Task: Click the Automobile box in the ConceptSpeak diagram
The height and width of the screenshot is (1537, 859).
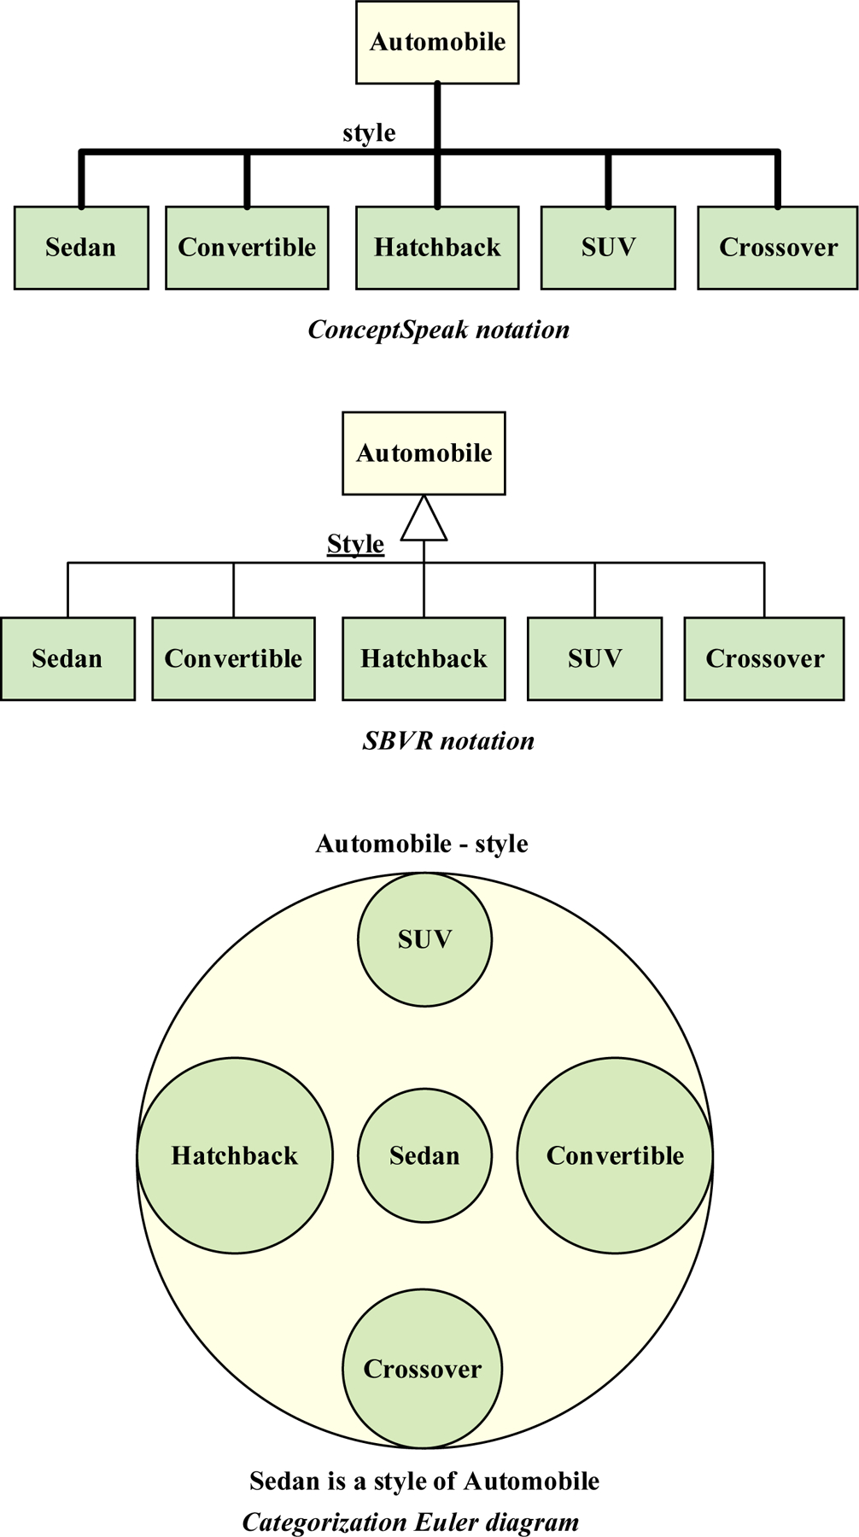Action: tap(437, 42)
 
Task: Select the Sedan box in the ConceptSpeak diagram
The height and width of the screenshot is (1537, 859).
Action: tap(81, 248)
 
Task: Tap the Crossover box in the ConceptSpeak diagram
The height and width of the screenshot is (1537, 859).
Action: tap(778, 248)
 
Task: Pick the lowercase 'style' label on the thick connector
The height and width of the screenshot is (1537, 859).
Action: tap(369, 133)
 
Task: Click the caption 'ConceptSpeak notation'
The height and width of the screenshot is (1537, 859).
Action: tap(438, 330)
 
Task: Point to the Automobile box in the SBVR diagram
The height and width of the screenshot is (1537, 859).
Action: tap(424, 453)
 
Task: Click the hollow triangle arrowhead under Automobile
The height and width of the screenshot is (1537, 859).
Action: tap(424, 520)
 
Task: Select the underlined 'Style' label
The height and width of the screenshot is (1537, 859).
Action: tap(355, 544)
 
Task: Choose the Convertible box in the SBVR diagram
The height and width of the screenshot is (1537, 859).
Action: tap(233, 658)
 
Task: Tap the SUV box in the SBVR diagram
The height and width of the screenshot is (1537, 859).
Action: tap(594, 658)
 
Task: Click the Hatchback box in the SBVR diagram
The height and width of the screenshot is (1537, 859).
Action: tap(424, 658)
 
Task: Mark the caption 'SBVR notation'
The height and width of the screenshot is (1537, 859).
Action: tap(448, 740)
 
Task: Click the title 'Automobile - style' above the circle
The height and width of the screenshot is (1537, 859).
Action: tap(422, 844)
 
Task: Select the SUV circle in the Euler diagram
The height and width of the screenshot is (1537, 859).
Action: tap(424, 939)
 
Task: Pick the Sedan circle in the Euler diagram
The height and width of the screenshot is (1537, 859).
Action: tap(424, 1155)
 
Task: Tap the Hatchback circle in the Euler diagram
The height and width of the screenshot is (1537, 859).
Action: tap(235, 1155)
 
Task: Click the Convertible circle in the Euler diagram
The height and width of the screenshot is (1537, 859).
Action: tap(615, 1155)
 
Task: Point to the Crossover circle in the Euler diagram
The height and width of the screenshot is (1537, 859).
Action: tap(423, 1369)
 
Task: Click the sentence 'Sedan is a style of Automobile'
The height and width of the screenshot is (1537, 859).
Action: tap(424, 1481)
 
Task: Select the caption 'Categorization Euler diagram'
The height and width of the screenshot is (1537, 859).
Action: tap(411, 1522)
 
